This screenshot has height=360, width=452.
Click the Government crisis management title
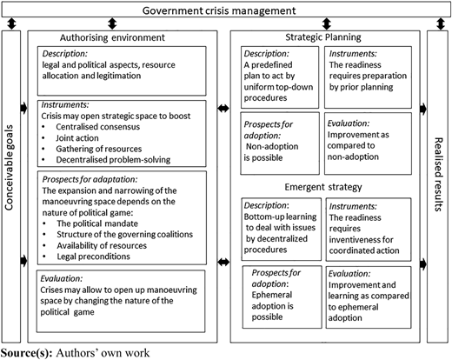(219, 10)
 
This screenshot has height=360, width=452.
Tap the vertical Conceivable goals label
(10, 168)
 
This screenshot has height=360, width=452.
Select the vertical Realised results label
(438, 174)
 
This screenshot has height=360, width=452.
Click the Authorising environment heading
(112, 37)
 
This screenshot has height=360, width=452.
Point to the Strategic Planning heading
(323, 37)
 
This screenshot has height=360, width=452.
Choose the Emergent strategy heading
(323, 187)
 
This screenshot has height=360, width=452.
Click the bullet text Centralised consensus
(98, 127)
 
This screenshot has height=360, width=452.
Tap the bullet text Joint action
(77, 138)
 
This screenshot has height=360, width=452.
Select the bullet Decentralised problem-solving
(113, 160)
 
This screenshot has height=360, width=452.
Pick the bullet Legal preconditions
(93, 257)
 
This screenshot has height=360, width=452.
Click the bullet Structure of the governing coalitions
(125, 234)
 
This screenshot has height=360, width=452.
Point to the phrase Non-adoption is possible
(271, 152)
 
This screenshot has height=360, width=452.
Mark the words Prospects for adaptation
(90, 179)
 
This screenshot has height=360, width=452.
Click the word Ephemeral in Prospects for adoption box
(272, 295)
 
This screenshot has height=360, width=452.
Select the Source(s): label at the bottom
(27, 353)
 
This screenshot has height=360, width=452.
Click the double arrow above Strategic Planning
(327, 23)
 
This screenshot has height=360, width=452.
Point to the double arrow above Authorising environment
(112, 23)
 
